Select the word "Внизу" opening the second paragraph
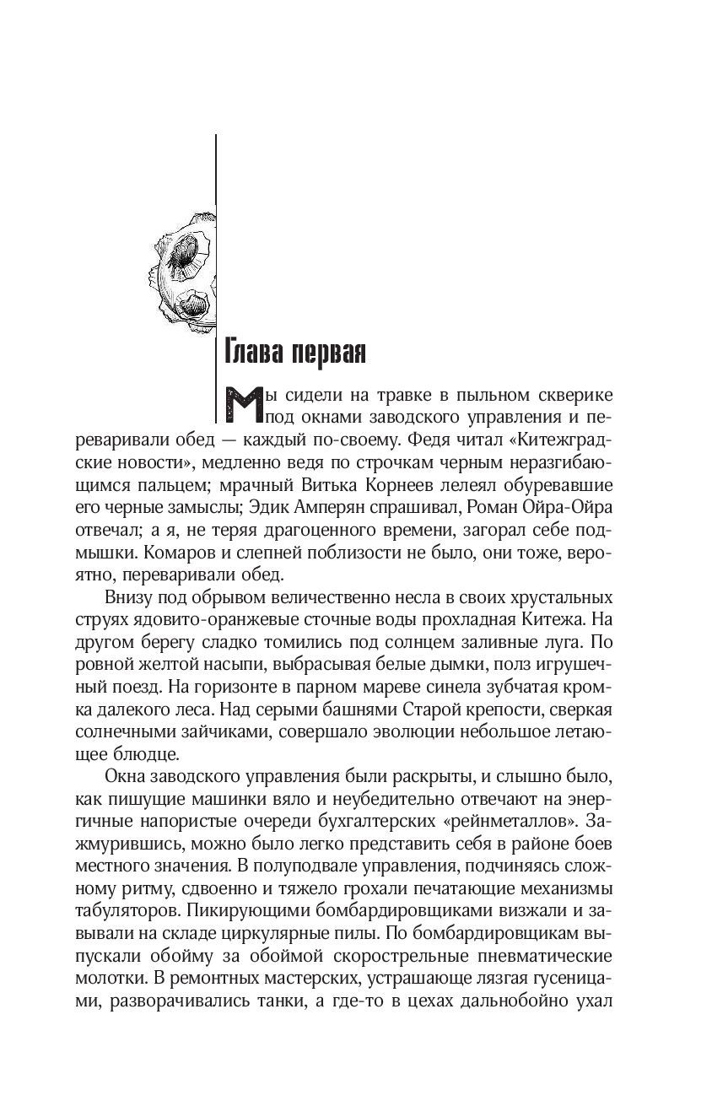[129, 598]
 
